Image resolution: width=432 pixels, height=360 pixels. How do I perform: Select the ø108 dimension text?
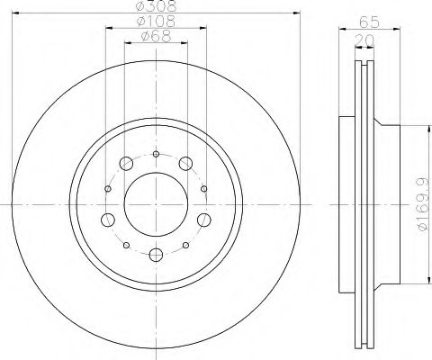pyautogui.click(x=155, y=22)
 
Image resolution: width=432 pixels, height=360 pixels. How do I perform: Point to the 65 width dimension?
pyautogui.click(x=366, y=22)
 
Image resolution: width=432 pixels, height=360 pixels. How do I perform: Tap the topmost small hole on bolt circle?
pyautogui.click(x=155, y=155)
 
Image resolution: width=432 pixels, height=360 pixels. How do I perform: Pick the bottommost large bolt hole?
pyautogui.click(x=155, y=254)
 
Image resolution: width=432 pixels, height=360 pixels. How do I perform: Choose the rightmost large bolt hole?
pyautogui.click(x=202, y=220)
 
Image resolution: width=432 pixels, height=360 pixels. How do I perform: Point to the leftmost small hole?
pyautogui.click(x=108, y=188)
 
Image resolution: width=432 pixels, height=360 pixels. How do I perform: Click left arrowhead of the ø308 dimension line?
pyautogui.click(x=19, y=13)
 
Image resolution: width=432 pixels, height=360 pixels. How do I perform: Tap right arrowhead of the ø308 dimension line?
pyautogui.click(x=292, y=13)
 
